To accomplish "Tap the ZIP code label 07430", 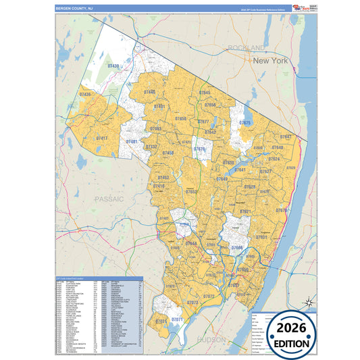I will tap(113, 66).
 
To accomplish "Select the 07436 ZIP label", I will tap(85, 95).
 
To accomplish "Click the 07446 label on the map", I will tap(149, 92).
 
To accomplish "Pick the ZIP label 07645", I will tap(205, 93).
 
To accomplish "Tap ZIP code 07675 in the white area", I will tap(245, 123).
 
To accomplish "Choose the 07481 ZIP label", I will tap(132, 141).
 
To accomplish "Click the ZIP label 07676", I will tap(199, 149).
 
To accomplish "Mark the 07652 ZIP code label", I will tap(191, 192).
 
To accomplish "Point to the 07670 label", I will tap(281, 211).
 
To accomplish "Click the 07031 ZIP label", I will tap(161, 322).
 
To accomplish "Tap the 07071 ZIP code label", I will tap(178, 319).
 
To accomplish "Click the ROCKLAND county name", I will tap(247, 48).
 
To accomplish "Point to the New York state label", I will tap(270, 61).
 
